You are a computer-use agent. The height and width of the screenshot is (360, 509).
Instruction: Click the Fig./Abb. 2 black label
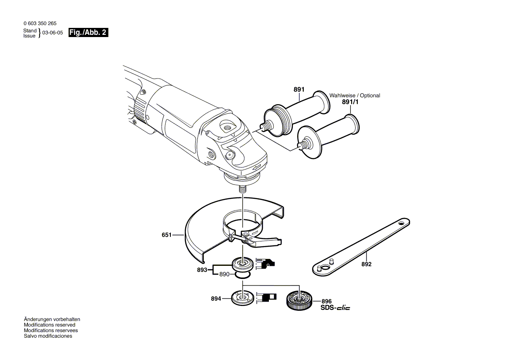88,32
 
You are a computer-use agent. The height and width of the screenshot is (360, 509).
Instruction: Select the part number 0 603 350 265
40,24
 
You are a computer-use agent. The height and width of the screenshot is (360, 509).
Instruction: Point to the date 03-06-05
53,33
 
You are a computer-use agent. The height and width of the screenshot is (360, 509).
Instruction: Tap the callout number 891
299,89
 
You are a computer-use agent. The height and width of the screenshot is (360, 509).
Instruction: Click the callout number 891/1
350,102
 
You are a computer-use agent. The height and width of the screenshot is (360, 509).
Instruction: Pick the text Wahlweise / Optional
355,95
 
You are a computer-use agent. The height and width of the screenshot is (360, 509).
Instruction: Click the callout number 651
166,235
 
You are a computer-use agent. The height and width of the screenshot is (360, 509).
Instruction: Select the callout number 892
366,264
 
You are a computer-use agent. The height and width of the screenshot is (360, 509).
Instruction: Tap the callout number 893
202,270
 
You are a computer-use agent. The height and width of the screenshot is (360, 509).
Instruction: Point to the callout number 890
224,274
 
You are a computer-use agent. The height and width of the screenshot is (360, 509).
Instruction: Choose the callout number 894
216,299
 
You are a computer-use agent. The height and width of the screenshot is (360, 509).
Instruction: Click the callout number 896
326,302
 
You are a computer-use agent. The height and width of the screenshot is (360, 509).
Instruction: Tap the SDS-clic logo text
335,308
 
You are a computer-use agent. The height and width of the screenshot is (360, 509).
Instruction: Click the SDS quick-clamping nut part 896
299,299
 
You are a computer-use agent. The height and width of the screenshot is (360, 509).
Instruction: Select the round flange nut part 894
242,298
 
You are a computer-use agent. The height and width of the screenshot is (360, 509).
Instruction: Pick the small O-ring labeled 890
242,275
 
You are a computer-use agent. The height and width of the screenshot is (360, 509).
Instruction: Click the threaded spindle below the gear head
242,189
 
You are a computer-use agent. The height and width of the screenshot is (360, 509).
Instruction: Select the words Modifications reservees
51,330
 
